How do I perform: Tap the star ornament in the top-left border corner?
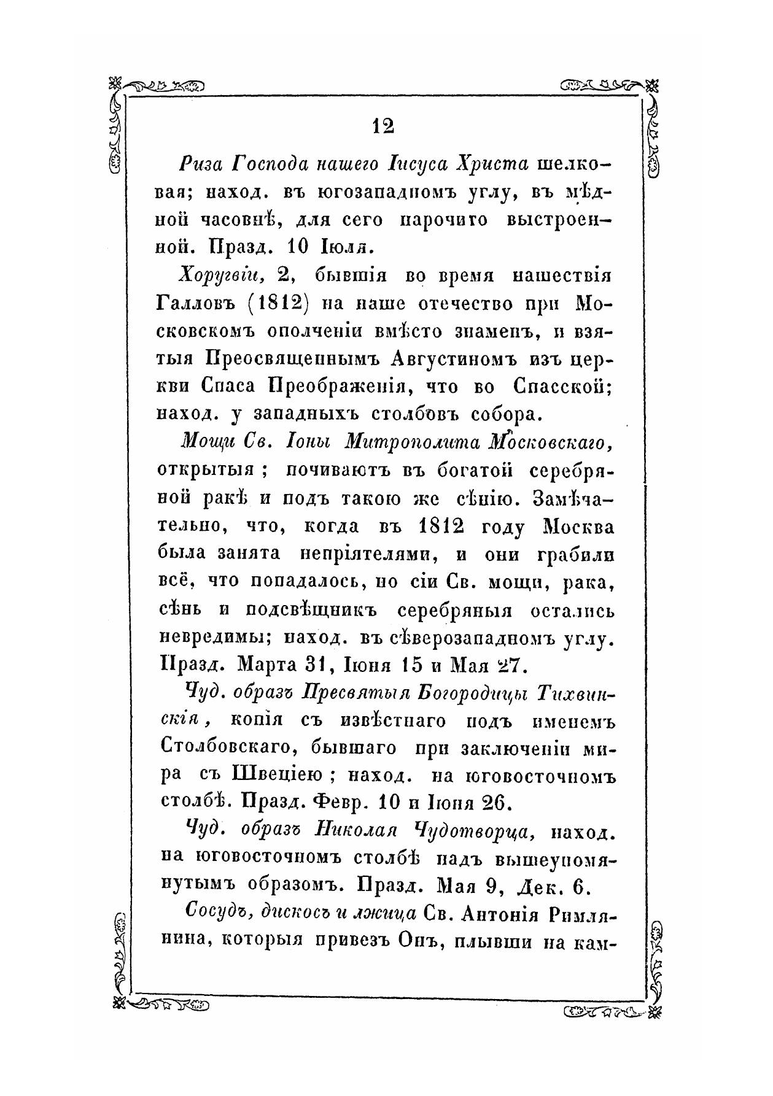click(x=115, y=84)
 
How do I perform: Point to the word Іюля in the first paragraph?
click(x=343, y=248)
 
